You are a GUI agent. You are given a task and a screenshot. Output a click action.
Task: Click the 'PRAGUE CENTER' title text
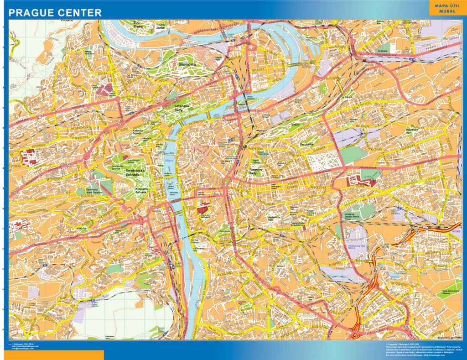(55, 12)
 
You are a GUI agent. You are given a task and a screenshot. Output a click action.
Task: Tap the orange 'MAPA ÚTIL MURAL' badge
(447, 8)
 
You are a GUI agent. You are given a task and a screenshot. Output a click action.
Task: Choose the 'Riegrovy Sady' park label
(259, 172)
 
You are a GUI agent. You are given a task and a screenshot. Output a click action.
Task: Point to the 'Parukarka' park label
(307, 145)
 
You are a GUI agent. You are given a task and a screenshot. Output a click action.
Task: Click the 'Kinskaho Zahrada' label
(141, 190)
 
